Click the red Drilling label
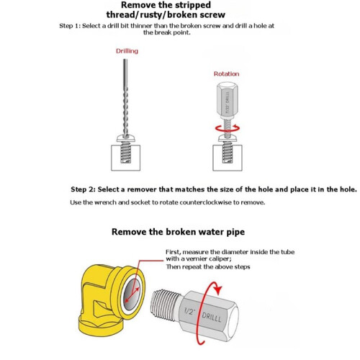tap(127, 51)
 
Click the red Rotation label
tap(226, 74)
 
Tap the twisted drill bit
tap(125, 99)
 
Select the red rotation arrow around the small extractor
tap(228, 128)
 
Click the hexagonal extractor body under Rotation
tap(228, 99)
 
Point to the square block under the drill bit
tap(125, 158)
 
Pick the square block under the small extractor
tap(228, 158)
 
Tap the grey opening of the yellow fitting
tap(131, 294)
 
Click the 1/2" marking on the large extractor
tap(189, 311)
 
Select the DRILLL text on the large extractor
tap(211, 317)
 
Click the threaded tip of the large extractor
tap(166, 305)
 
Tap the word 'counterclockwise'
tap(206, 202)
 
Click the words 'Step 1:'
tap(70, 26)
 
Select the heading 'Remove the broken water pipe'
tap(178, 232)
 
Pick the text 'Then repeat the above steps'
tap(208, 267)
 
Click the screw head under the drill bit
tap(126, 138)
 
